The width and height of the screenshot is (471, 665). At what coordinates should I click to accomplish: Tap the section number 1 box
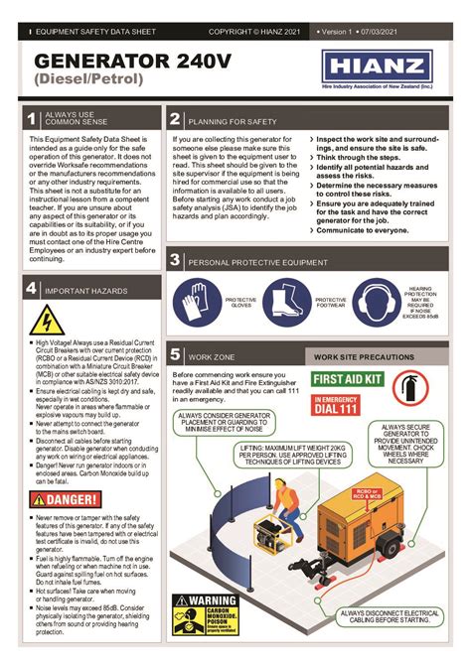tap(30, 120)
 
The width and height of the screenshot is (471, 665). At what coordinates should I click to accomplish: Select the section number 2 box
tap(174, 120)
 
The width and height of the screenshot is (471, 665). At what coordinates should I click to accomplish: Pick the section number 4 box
tap(30, 289)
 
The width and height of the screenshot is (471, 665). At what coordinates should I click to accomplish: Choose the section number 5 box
tap(174, 354)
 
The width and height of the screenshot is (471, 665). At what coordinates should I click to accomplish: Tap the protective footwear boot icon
tap(284, 304)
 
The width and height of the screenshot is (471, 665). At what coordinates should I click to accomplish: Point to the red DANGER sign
tap(64, 499)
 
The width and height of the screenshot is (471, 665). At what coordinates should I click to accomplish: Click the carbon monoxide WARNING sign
tap(205, 614)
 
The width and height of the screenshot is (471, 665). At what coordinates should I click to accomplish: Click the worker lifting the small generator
tap(284, 506)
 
